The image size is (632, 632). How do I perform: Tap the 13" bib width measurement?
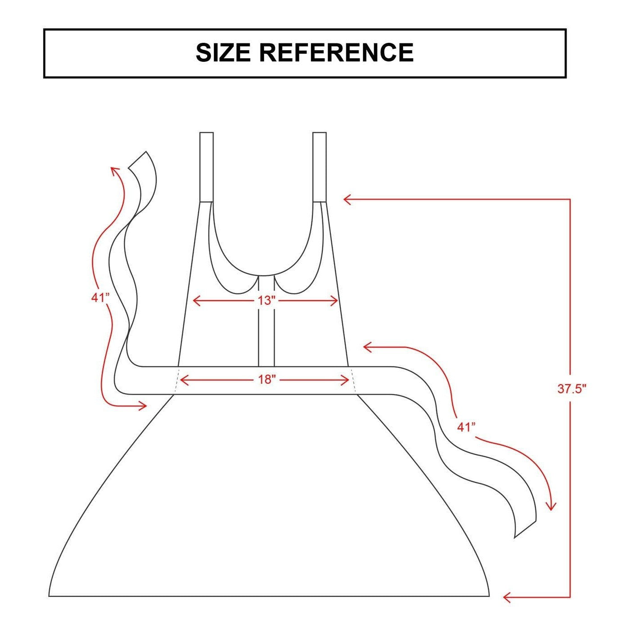[265, 300]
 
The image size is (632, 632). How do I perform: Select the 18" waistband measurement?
[265, 380]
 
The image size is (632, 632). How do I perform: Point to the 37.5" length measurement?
[572, 389]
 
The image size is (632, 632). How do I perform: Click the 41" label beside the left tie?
[100, 298]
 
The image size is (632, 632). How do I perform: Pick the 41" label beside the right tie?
[466, 428]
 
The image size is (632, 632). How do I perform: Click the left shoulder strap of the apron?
[206, 167]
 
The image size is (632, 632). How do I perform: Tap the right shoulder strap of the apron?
[320, 167]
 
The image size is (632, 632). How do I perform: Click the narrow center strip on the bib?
[266, 321]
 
